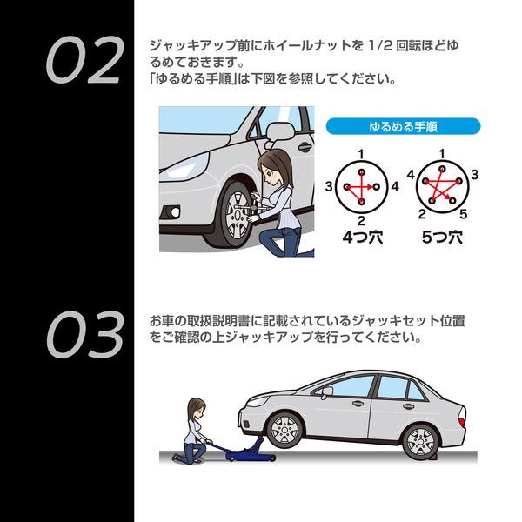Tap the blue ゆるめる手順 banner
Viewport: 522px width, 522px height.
[403, 126]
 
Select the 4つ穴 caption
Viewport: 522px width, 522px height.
[360, 236]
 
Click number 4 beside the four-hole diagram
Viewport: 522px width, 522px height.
[395, 186]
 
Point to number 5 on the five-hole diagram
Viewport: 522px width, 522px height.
[464, 213]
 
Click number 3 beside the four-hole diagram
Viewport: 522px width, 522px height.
[328, 186]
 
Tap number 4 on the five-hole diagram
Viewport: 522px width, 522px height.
[410, 175]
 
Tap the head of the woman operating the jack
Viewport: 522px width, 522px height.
[197, 410]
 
